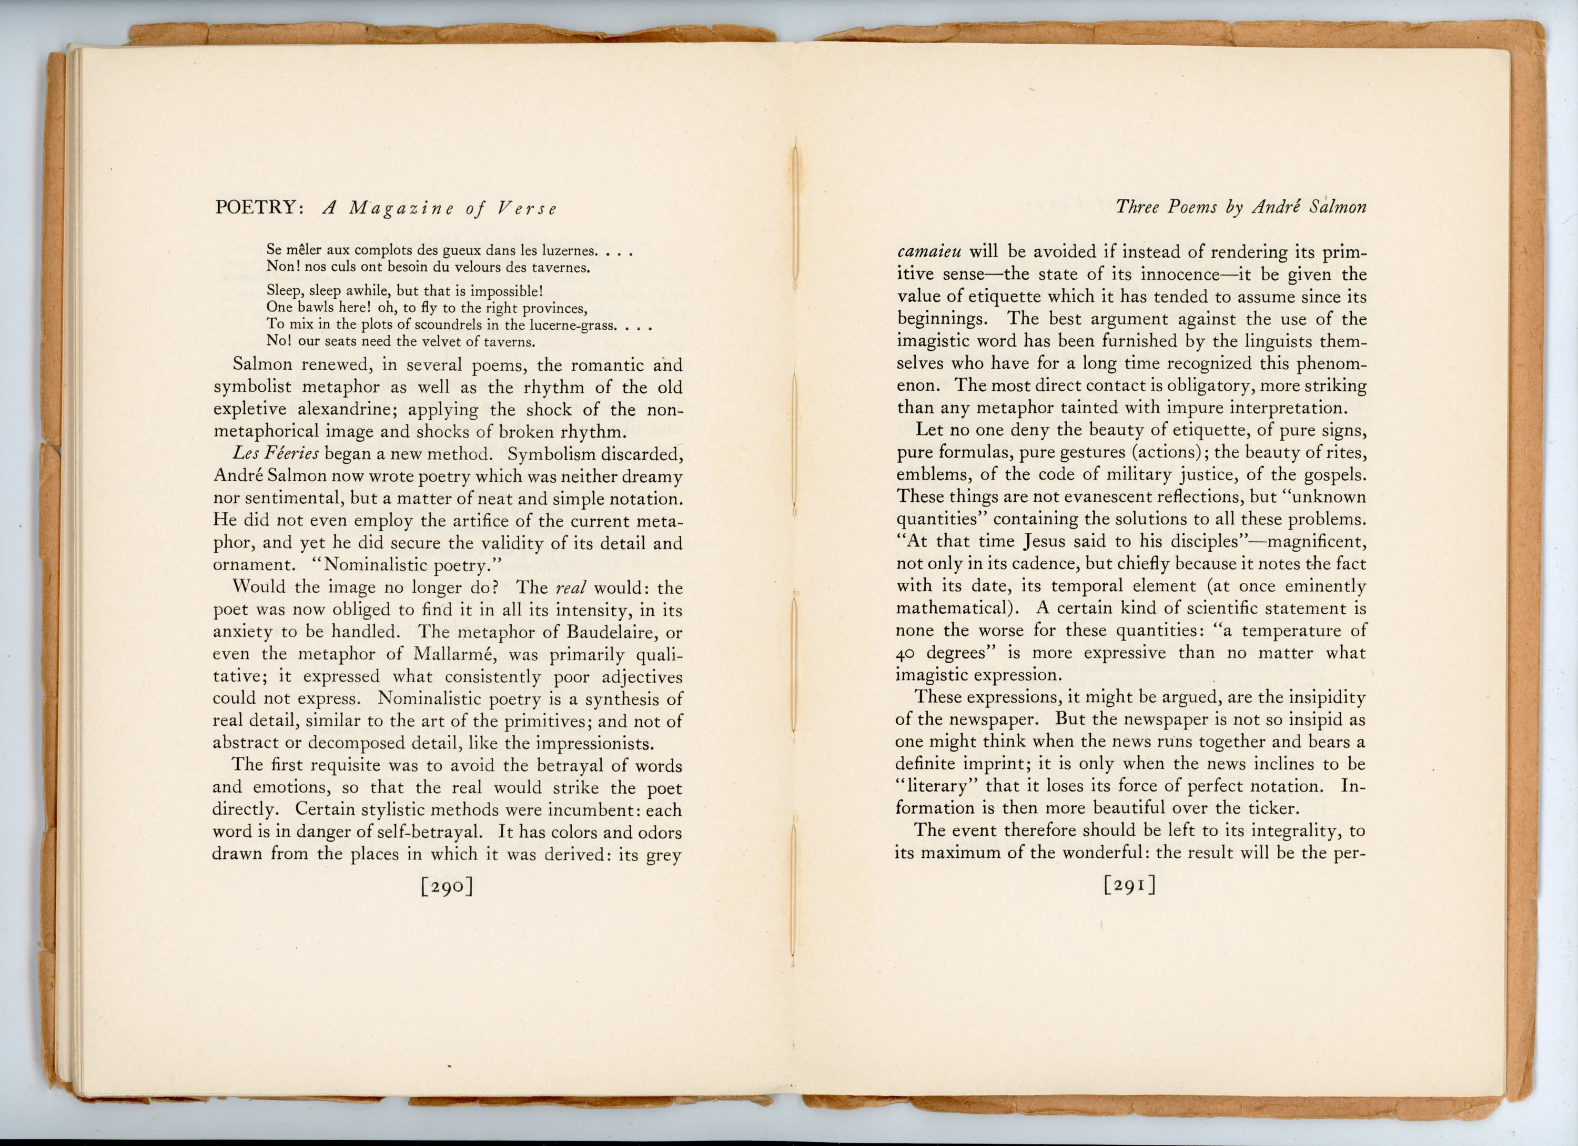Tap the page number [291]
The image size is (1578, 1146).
tap(1129, 885)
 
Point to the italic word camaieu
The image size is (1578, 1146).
tap(929, 252)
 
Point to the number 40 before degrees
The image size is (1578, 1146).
tap(907, 653)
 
